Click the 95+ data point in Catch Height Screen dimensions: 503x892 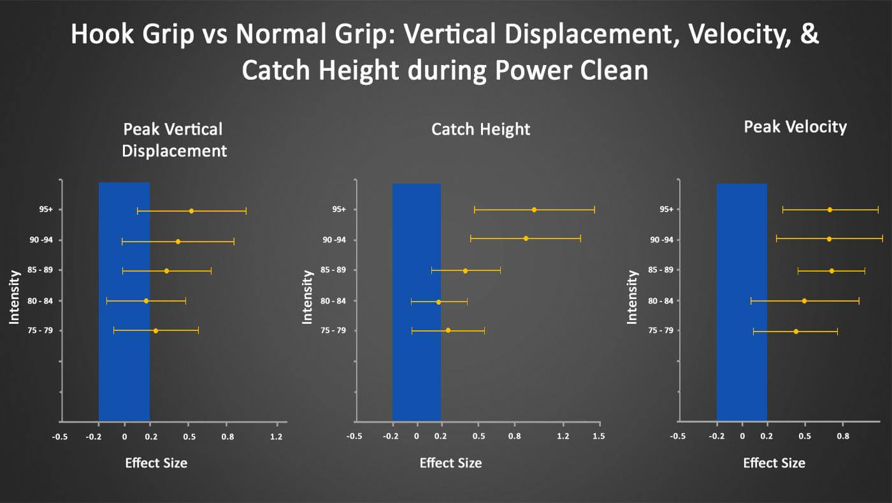pos(534,210)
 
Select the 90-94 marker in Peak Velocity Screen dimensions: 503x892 pos(829,239)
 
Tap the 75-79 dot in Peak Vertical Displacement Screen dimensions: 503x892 pos(155,331)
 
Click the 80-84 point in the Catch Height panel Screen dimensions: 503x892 pos(438,302)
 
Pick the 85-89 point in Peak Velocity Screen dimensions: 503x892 pos(831,271)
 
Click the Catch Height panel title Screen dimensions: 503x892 pos(480,129)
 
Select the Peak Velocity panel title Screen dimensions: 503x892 pos(795,127)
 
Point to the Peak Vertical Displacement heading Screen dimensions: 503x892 pos(173,140)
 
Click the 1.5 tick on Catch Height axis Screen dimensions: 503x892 pos(598,436)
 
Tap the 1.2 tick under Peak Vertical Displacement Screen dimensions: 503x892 pos(276,436)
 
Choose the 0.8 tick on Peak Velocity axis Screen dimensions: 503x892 pos(843,436)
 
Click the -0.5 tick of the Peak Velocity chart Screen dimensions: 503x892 pos(679,436)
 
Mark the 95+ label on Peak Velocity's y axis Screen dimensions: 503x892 pos(666,209)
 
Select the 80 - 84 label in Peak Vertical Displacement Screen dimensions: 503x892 pos(40,301)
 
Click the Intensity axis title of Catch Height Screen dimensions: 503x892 pos(307,297)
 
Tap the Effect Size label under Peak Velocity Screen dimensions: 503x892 pos(774,463)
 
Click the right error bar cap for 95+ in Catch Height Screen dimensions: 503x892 pos(594,210)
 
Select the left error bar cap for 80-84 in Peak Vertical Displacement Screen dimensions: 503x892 pos(107,301)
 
